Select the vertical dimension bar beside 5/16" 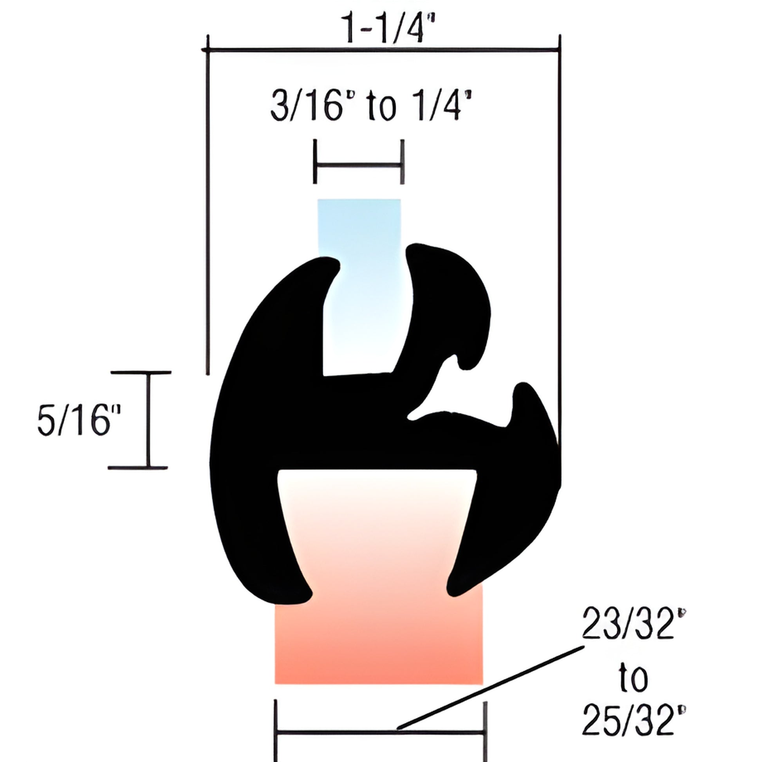tap(149, 420)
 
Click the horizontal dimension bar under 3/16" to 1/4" tap(359, 166)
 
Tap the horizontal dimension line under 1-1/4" tap(383, 50)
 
